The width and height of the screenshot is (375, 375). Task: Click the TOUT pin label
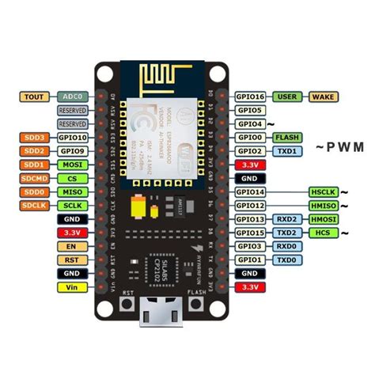pos(35,97)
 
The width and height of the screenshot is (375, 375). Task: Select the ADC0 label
pos(73,97)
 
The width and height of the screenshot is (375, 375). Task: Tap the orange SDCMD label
pos(35,178)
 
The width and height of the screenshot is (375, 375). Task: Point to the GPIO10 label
pos(73,138)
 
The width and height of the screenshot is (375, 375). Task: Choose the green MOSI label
pos(73,165)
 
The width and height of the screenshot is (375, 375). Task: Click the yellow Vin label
pos(73,287)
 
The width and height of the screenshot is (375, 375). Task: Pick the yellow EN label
pos(73,246)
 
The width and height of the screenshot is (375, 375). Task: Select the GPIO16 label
pos(251,97)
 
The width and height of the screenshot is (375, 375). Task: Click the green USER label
pos(288,97)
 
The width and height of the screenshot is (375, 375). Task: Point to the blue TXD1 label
pos(288,151)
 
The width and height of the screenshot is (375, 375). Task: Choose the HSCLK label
pos(324,192)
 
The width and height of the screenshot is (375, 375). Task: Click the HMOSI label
pos(324,219)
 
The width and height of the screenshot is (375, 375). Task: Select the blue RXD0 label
pos(288,246)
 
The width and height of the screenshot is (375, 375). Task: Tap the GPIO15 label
pos(251,233)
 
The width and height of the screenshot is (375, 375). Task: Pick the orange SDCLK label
pos(35,205)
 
